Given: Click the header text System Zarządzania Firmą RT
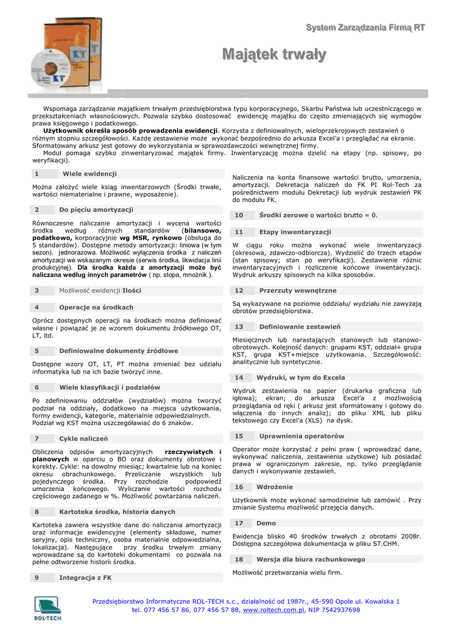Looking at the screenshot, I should [366, 27].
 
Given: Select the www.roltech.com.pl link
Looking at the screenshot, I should [273, 609].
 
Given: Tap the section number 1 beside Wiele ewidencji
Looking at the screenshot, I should [37, 174].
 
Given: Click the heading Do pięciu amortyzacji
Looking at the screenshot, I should [96, 209].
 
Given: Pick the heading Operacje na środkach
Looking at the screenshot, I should [96, 307].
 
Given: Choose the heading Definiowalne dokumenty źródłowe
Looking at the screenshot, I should [119, 351].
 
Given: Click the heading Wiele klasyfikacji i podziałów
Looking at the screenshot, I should [110, 387].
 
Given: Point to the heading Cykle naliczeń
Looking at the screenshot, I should [83, 438].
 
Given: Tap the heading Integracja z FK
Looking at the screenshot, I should [85, 577].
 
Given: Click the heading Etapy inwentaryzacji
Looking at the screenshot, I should [295, 231].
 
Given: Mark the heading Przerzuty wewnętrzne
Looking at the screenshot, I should [297, 290].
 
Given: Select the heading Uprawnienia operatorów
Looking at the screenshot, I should [301, 436].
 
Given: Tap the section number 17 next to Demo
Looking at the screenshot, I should [239, 523].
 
